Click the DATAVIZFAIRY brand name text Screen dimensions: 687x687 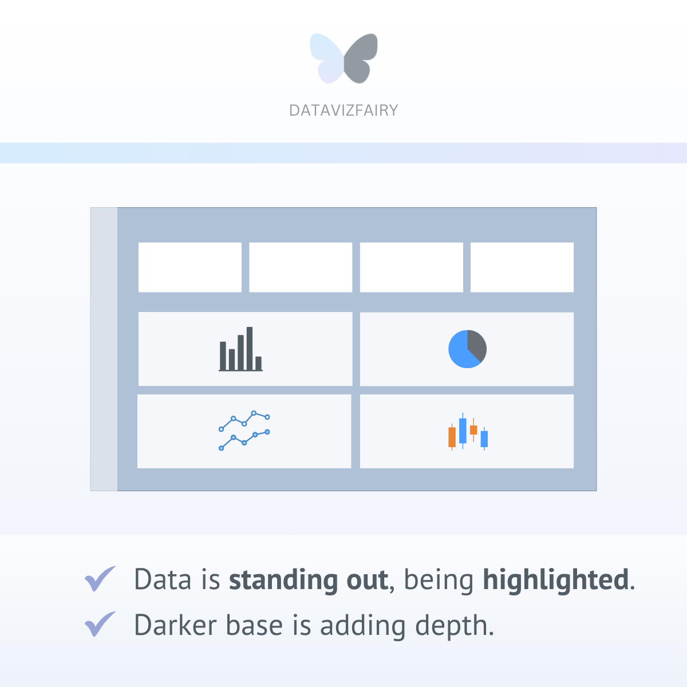click(343, 110)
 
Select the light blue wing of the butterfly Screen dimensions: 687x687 click(326, 57)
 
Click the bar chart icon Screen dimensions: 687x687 click(240, 349)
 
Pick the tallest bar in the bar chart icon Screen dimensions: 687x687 click(250, 348)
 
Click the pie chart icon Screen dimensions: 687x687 click(467, 349)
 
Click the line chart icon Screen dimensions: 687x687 click(244, 431)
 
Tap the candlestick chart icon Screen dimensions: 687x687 click(468, 432)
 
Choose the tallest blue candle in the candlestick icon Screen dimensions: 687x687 click(463, 431)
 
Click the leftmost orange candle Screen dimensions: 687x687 click(452, 437)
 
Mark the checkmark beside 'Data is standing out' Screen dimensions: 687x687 click(100, 578)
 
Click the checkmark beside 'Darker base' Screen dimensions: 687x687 click(100, 623)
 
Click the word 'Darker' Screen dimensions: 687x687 click(175, 625)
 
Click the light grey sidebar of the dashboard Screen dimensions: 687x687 click(104, 349)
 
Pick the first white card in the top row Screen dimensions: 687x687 click(190, 267)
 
